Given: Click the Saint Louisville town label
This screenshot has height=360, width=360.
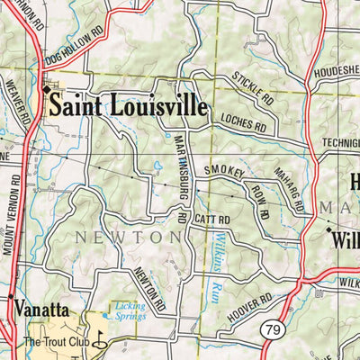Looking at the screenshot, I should (x=128, y=105).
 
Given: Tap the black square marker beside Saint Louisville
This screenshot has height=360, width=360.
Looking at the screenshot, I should (x=47, y=89).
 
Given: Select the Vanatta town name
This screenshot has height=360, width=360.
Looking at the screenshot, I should (x=41, y=310).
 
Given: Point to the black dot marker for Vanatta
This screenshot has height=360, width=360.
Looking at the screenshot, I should (x=11, y=297).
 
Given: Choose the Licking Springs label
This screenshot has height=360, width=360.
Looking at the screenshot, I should (x=130, y=310).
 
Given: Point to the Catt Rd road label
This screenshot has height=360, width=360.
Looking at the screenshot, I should (x=212, y=219).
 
